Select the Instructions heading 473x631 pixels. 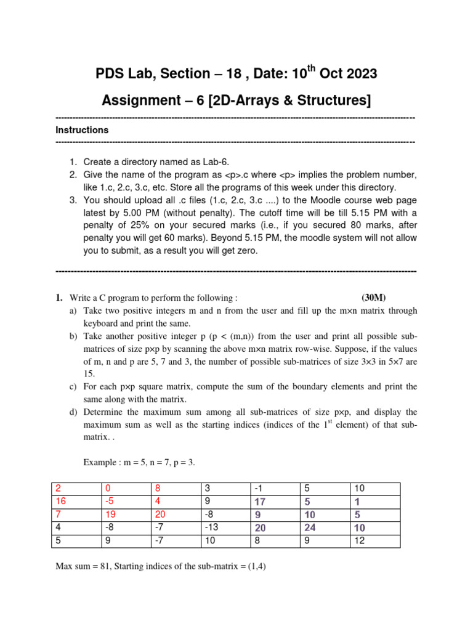82,130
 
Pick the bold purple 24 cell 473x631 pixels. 310,527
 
